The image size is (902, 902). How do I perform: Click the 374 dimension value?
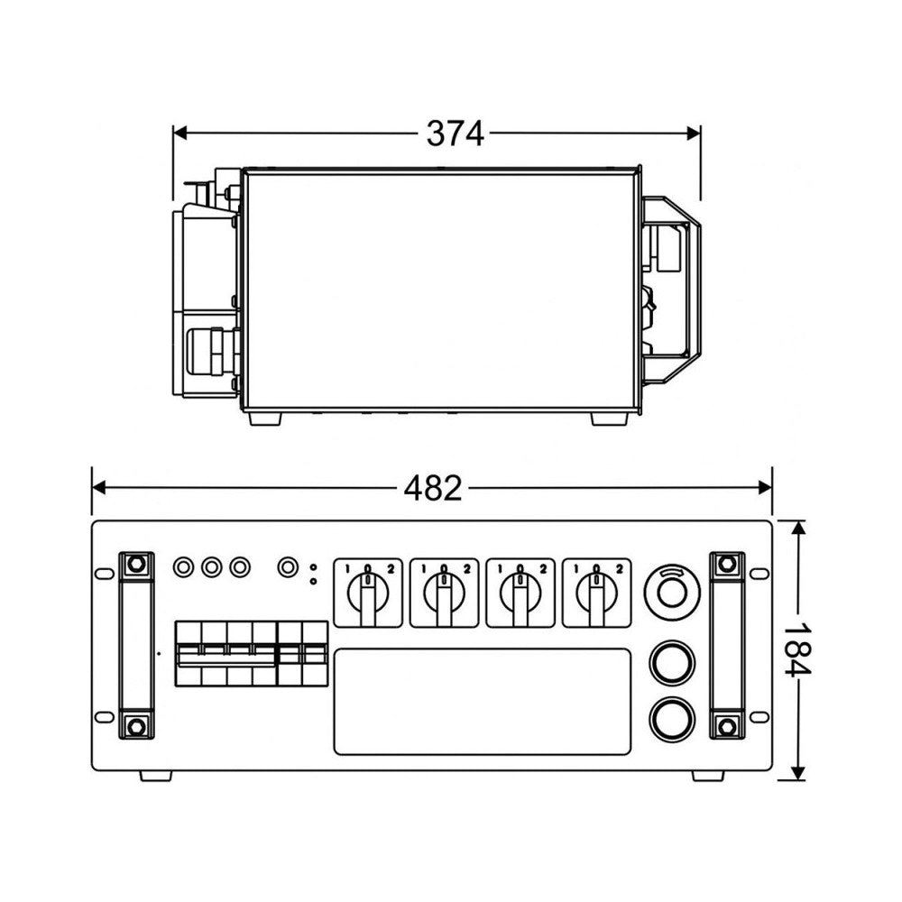click(x=455, y=133)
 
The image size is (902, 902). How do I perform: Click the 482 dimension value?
click(x=433, y=488)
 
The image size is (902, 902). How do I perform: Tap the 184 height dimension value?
click(x=797, y=649)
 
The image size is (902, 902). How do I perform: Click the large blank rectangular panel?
click(x=483, y=701)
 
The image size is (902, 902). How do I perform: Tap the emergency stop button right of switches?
click(x=672, y=592)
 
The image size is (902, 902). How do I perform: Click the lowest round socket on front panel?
click(x=672, y=719)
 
